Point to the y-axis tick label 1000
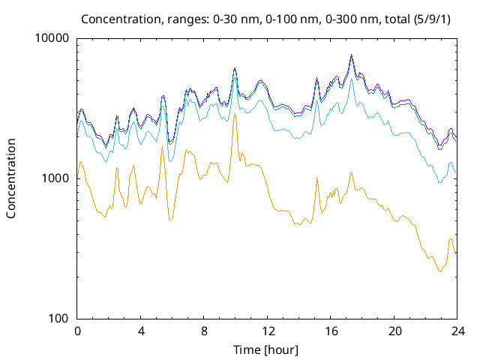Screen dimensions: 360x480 (x=55, y=178)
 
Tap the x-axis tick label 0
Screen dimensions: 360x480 (x=77, y=331)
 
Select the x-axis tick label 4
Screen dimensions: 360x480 (x=141, y=331)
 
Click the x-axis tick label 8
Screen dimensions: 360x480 (x=204, y=331)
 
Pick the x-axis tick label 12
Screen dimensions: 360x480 (x=267, y=331)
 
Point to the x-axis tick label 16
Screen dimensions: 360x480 (x=331, y=331)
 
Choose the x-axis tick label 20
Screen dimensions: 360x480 (x=394, y=331)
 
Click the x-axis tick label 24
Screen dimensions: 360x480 (x=457, y=331)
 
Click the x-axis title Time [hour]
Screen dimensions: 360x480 (x=267, y=349)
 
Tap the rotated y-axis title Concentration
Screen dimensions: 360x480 (x=11, y=178)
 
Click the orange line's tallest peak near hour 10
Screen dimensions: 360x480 (x=235, y=115)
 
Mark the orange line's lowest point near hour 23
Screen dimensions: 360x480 (x=439, y=271)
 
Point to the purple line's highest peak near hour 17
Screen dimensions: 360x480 (x=351, y=55)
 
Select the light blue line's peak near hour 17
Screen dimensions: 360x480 (x=351, y=78)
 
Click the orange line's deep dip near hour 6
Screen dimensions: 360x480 (x=171, y=219)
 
